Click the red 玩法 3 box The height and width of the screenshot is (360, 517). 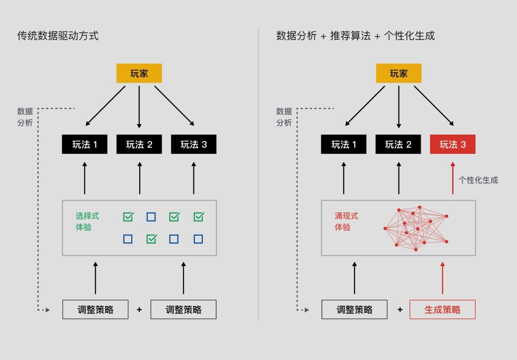pos(452,144)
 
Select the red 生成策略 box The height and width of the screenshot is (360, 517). pos(442,310)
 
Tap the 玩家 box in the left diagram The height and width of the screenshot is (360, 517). pos(139,73)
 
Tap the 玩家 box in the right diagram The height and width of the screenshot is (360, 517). pos(398,73)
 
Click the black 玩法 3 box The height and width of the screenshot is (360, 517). pos(193,144)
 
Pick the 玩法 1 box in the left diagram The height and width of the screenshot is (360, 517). pos(84,144)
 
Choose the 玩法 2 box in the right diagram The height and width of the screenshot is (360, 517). pos(398,144)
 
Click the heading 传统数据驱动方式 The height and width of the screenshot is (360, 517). pos(58,36)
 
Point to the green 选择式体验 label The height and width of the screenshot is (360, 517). pos(87,222)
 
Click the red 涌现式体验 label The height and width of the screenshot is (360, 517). pos(346,222)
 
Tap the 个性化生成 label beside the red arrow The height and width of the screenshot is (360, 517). pos(478,180)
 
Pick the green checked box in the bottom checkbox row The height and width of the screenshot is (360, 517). pos(151,239)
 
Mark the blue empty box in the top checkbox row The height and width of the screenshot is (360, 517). pos(151,217)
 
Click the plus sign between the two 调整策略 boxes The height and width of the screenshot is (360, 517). pos(139,310)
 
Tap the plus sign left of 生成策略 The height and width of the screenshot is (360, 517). pos(400,310)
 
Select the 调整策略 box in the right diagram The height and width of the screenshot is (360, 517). pos(354,310)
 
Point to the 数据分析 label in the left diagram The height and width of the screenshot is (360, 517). pos(25,117)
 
